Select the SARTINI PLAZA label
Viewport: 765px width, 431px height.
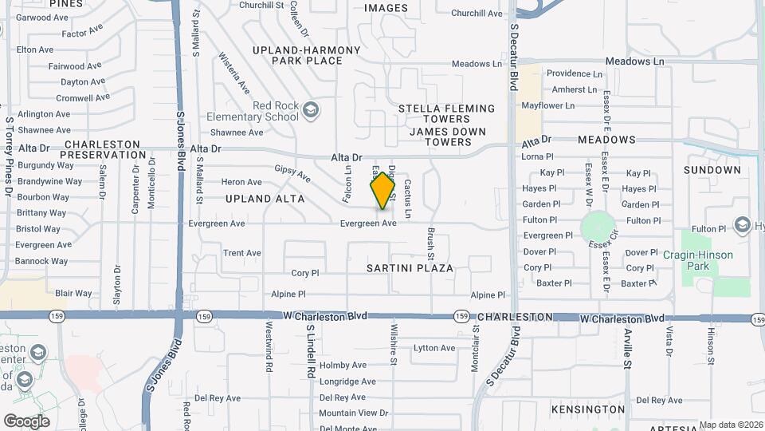pos(410,268)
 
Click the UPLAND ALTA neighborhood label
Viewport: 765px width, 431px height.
pos(265,198)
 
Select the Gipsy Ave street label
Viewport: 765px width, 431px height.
pos(292,173)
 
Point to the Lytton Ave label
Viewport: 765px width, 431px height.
pos(434,348)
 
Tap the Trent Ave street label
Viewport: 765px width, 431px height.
pos(242,253)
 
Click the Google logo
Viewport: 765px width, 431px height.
pos(26,421)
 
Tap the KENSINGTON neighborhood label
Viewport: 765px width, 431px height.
pos(588,409)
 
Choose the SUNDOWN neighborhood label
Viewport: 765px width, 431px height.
pos(712,170)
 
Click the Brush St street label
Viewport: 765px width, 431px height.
pos(430,243)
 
